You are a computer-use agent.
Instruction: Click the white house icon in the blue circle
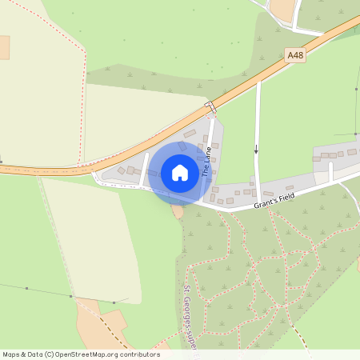179,173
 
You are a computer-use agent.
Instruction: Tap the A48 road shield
295,55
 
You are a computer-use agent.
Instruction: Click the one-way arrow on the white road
257,149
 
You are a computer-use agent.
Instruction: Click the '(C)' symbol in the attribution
50,354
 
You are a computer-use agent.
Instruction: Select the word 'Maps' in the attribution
11,354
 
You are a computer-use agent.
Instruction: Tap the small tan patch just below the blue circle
178,210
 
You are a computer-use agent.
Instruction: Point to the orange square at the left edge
4,47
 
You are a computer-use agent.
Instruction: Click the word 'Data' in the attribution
35,354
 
